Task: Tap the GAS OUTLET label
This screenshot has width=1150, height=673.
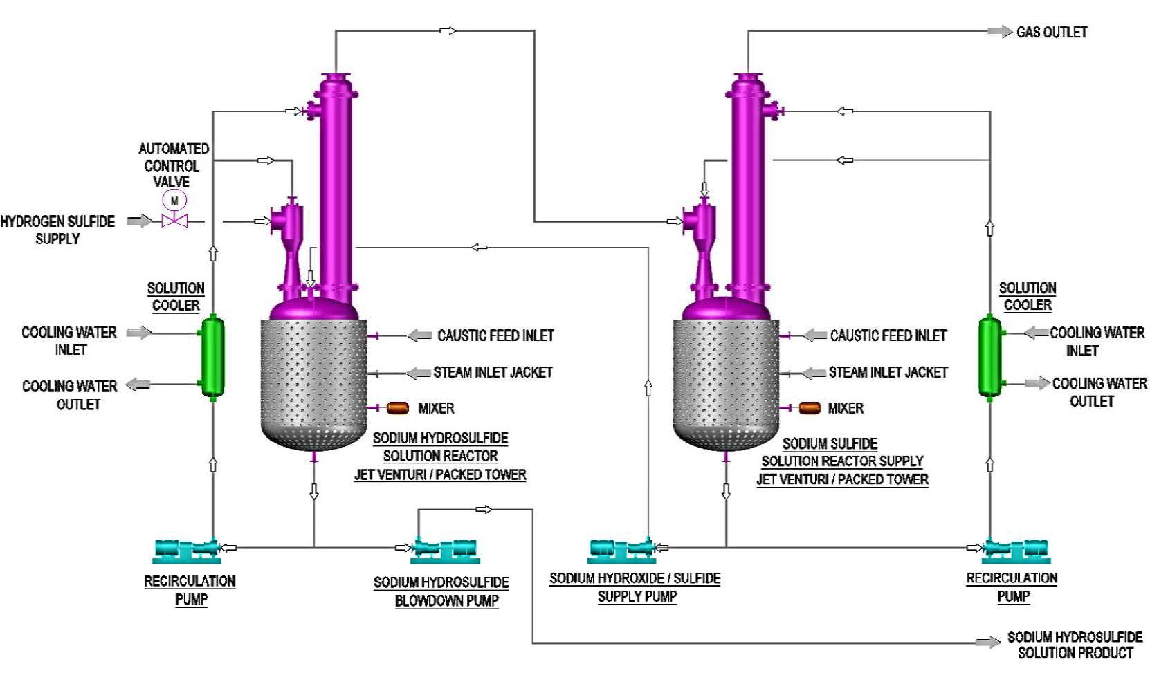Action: (1051, 32)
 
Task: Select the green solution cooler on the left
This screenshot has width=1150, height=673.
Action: (212, 357)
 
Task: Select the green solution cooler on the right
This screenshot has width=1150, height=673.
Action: (989, 357)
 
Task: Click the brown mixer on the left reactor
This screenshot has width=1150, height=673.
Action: (397, 408)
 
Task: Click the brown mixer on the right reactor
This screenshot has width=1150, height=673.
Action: (810, 408)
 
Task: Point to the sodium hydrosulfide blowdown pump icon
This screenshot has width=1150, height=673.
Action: (444, 550)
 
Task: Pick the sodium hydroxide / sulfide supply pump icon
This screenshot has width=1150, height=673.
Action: (622, 550)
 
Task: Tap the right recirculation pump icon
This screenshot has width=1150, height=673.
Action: (1016, 550)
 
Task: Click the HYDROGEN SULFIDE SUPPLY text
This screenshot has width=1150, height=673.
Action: (57, 230)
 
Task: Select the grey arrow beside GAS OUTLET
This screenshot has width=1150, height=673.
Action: (999, 32)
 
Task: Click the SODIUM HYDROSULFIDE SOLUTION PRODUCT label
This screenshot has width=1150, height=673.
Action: (1074, 645)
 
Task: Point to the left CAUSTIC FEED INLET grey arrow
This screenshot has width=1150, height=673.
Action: (419, 335)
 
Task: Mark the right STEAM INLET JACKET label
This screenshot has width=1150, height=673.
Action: (888, 372)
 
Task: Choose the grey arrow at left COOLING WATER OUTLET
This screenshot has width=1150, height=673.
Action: (138, 385)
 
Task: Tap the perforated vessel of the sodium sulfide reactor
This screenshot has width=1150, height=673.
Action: (725, 380)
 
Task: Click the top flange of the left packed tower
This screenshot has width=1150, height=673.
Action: (336, 76)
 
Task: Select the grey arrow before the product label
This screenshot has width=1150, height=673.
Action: (987, 643)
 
